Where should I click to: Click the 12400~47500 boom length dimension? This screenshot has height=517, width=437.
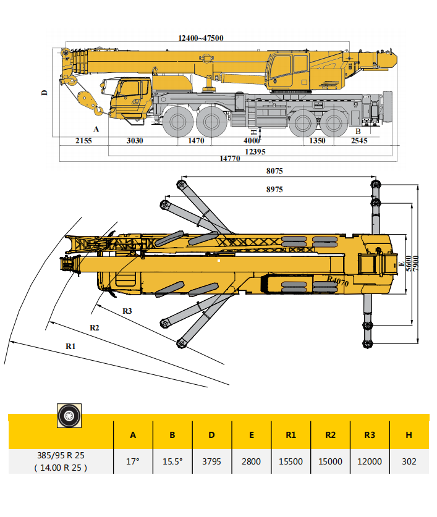(201, 38)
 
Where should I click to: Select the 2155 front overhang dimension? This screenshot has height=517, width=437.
(83, 141)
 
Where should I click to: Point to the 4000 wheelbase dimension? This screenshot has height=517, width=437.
(252, 141)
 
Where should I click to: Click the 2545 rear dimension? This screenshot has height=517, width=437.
(359, 141)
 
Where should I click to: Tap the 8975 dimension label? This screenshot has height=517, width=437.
(274, 190)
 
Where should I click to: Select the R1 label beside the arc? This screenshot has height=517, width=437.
(70, 347)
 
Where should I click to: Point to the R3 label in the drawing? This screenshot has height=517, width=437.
(127, 311)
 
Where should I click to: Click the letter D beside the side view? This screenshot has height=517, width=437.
(45, 92)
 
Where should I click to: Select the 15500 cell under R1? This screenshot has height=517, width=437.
(291, 461)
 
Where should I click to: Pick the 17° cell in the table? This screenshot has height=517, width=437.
(133, 461)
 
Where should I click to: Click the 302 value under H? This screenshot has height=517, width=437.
(409, 461)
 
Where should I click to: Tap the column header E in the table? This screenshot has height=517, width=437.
(252, 435)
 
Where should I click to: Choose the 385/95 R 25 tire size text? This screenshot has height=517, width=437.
(61, 456)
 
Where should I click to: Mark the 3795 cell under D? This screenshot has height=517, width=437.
(212, 461)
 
